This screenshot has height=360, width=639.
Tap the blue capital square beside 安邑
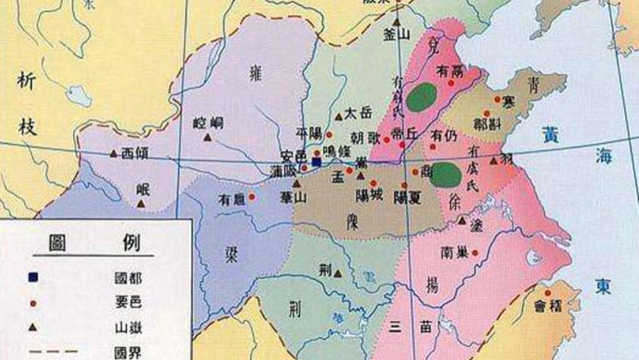click(x=317, y=162)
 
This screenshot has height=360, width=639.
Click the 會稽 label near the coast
click(x=548, y=306)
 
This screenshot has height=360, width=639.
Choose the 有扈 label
click(x=231, y=199)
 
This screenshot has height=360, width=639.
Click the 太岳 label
click(x=358, y=114)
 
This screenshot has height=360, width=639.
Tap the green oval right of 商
click(x=447, y=175)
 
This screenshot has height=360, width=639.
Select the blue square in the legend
click(x=32, y=277)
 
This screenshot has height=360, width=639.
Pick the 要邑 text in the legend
click(x=124, y=303)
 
